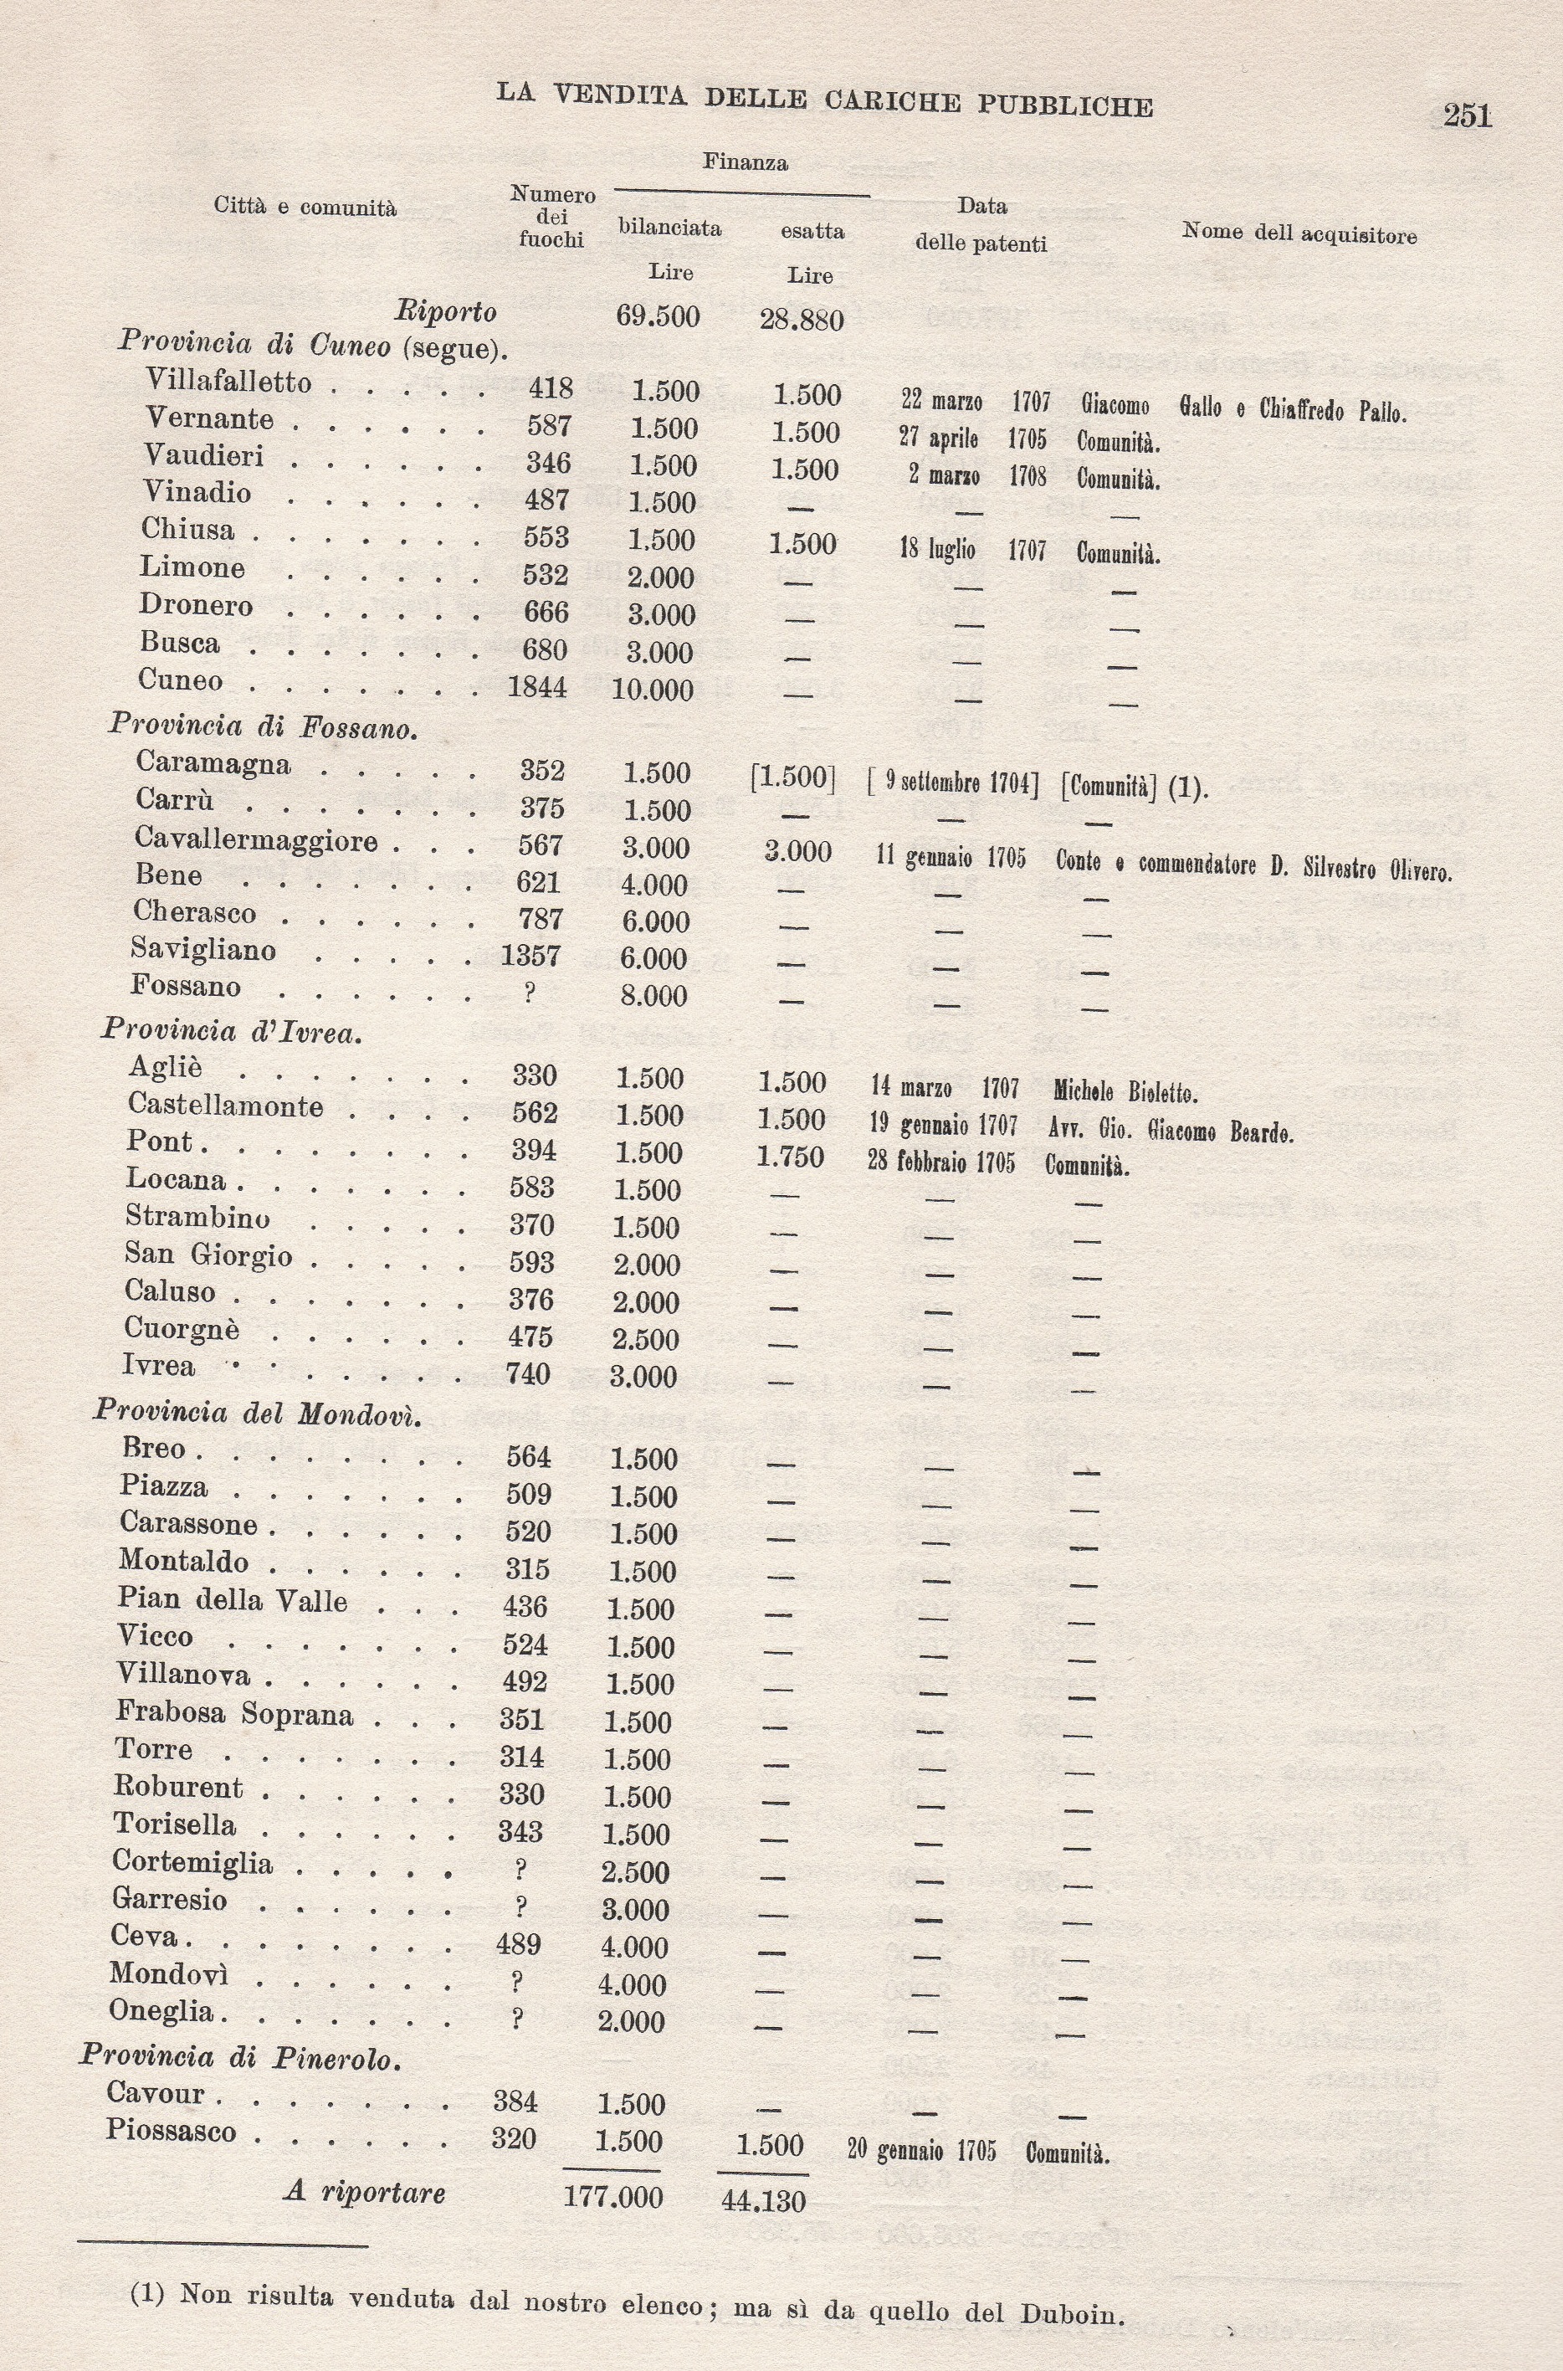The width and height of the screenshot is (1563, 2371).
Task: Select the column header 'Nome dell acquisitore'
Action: pyautogui.click(x=1299, y=234)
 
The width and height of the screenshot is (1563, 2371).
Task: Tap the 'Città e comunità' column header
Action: pyautogui.click(x=305, y=208)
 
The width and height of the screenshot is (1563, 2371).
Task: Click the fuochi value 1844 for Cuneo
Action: pyautogui.click(x=537, y=687)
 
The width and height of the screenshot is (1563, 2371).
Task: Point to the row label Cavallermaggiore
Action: pyautogui.click(x=256, y=840)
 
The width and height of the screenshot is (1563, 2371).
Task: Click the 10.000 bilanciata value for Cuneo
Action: pyautogui.click(x=652, y=689)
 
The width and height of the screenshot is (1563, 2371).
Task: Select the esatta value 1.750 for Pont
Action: pyautogui.click(x=791, y=1157)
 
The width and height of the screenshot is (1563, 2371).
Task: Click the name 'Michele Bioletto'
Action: pyautogui.click(x=1125, y=1093)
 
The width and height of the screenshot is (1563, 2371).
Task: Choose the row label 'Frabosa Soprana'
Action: pyautogui.click(x=234, y=1713)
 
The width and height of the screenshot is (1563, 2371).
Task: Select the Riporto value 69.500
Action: pyautogui.click(x=658, y=317)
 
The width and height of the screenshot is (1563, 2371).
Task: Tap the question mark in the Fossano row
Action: pyautogui.click(x=530, y=993)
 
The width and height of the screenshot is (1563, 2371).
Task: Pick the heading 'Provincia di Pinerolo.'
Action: pyautogui.click(x=240, y=2057)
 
